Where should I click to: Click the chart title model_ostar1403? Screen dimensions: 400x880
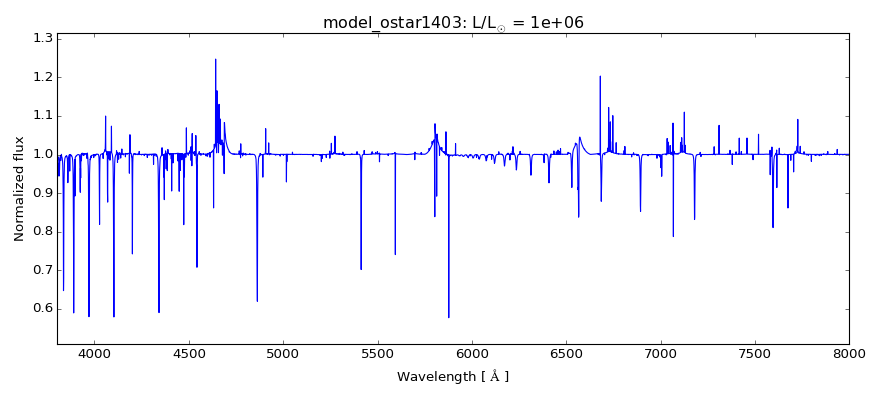tap(453, 22)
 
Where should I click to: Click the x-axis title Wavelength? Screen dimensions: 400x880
tap(453, 377)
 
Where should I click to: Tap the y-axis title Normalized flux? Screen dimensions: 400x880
tap(19, 188)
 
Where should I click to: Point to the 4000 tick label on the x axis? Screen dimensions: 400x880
tap(95, 353)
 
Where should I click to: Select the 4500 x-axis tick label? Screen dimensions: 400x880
tap(189, 353)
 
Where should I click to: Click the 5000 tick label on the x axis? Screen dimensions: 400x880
tap(283, 353)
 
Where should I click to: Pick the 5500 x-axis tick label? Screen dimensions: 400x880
tap(378, 353)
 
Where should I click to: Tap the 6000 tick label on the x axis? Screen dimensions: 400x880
tap(472, 353)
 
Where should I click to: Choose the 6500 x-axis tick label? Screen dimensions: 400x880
tap(566, 353)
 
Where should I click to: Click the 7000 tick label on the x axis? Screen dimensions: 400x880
tap(660, 353)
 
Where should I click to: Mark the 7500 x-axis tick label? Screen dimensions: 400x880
tap(755, 353)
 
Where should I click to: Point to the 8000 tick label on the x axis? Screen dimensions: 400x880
tap(849, 353)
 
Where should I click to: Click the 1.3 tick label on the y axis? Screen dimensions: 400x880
tap(41, 38)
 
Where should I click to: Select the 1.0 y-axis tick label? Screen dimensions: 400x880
tap(41, 154)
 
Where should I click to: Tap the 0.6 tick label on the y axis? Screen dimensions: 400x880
tap(41, 308)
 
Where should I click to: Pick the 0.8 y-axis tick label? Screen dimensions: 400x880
tap(41, 231)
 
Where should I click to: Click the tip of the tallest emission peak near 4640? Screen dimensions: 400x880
tap(215, 59)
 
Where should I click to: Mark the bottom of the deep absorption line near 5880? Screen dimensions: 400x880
tap(449, 317)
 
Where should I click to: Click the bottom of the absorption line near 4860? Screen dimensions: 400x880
tap(257, 301)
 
